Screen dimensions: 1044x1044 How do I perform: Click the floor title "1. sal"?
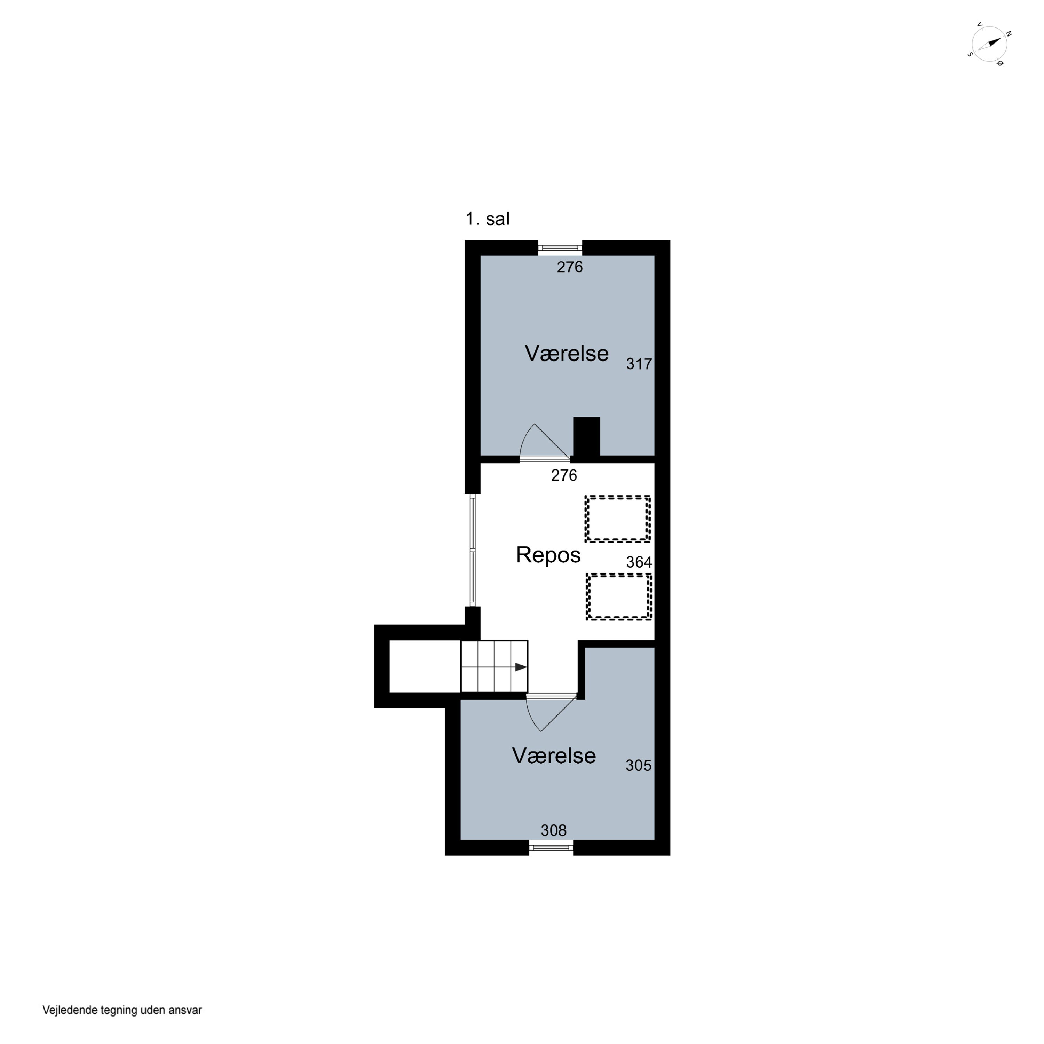(x=488, y=219)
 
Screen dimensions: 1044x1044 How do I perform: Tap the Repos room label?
(x=548, y=555)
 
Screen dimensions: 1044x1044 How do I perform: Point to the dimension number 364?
(x=639, y=562)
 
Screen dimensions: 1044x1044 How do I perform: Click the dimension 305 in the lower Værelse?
(x=638, y=766)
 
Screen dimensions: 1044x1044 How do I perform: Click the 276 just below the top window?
(x=570, y=267)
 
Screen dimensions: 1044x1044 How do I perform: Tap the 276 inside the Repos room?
(x=564, y=475)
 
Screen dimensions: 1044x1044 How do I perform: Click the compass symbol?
(x=989, y=44)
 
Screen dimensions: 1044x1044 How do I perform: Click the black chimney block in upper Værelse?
(x=586, y=438)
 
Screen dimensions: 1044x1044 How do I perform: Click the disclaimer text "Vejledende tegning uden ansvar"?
(x=122, y=1010)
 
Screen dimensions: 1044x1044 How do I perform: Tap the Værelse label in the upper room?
(x=566, y=354)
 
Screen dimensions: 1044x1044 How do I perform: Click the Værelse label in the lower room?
(x=554, y=756)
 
